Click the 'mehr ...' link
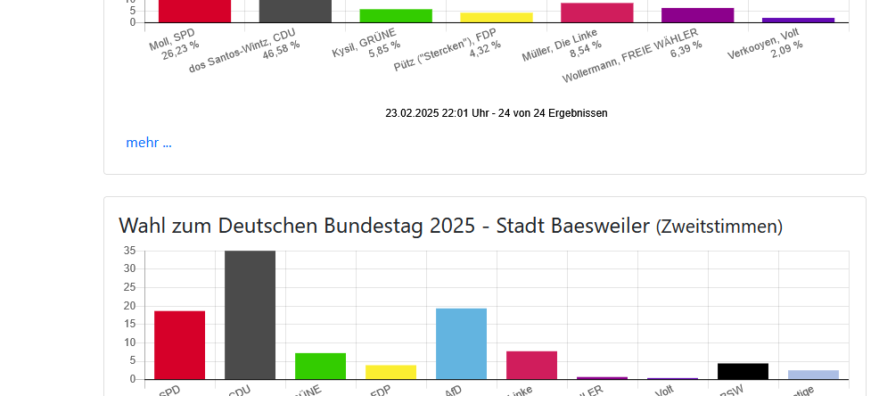pyautogui.click(x=149, y=143)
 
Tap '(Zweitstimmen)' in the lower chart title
pyautogui.click(x=719, y=227)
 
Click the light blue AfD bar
pyautogui.click(x=461, y=344)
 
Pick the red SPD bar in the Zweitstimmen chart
pyautogui.click(x=179, y=345)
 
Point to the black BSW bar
pyautogui.click(x=743, y=371)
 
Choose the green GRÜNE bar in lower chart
pyautogui.click(x=320, y=366)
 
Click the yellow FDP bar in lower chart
pyautogui.click(x=390, y=372)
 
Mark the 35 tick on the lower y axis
pyautogui.click(x=130, y=251)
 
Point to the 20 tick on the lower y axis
pyautogui.click(x=130, y=306)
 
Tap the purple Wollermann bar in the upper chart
pyautogui.click(x=697, y=15)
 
